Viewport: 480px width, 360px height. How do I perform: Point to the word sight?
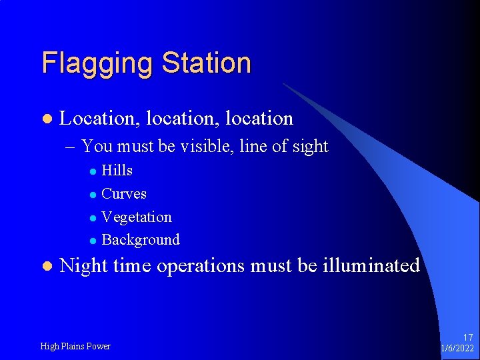pos(308,147)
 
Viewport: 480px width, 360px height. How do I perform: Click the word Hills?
pos(117,171)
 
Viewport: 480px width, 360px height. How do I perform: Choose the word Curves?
pos(124,194)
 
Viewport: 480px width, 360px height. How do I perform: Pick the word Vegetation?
pos(137,217)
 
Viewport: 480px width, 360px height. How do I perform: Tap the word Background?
pos(141,240)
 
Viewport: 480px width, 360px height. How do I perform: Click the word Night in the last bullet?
pos(84,266)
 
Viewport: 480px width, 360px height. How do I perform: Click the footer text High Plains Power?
pos(75,346)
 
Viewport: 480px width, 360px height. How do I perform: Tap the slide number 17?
pos(467,338)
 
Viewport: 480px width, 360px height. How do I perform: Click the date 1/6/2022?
pos(458,349)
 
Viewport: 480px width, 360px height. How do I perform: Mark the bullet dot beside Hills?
pos(93,171)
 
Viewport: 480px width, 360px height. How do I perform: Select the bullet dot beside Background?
pos(93,241)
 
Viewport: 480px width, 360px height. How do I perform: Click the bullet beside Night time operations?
pos(46,267)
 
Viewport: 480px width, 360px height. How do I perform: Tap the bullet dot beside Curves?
pos(93,195)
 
